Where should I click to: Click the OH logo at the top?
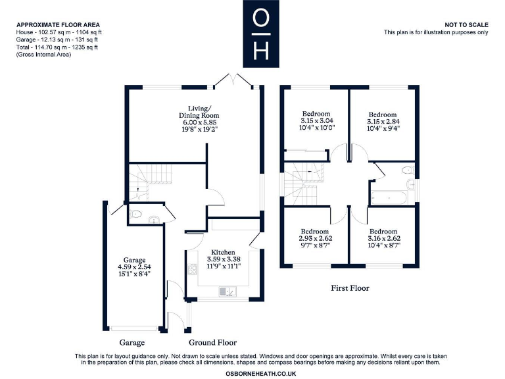(261, 34)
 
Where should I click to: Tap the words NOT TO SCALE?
(467, 24)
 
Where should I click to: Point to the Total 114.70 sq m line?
(58, 46)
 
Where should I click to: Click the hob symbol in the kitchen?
(193, 269)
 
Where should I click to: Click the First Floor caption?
(350, 288)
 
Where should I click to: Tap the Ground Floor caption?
(212, 343)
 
